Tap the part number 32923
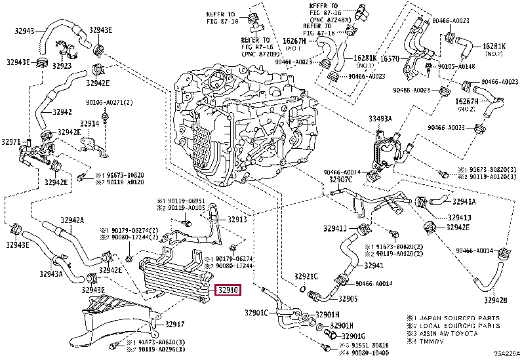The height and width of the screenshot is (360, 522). click(x=63, y=66)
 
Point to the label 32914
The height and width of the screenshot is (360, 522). click(x=89, y=123)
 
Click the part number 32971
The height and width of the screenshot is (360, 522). click(x=11, y=142)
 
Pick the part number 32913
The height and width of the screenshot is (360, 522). click(x=237, y=220)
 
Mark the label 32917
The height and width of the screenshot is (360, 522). click(x=175, y=324)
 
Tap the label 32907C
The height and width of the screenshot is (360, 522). click(x=340, y=179)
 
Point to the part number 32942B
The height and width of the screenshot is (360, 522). click(x=496, y=300)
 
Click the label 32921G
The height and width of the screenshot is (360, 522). click(x=306, y=277)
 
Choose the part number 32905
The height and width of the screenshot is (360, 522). click(x=348, y=299)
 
